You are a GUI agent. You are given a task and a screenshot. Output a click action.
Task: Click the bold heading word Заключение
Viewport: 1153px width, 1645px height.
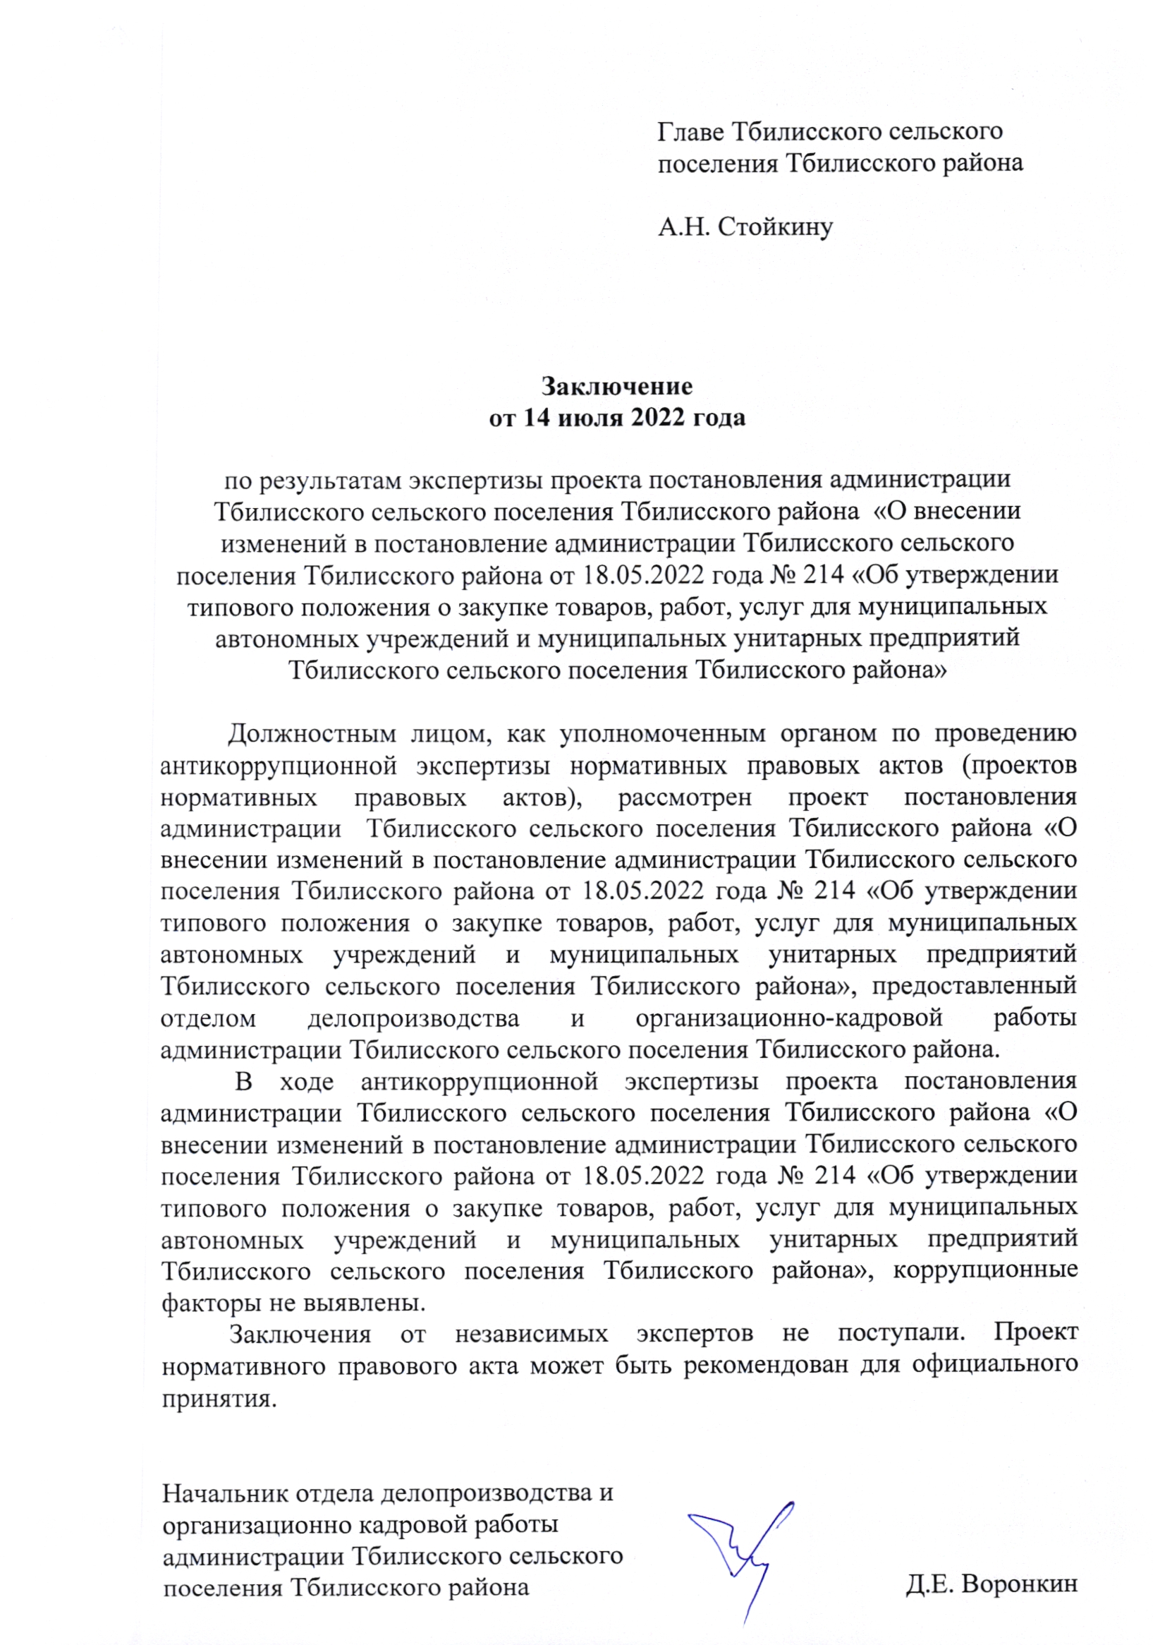pos(616,386)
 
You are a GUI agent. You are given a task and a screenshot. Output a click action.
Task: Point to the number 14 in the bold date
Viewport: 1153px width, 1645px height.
pos(537,418)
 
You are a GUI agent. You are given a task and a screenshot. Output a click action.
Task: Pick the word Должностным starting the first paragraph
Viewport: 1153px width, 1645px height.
pos(312,734)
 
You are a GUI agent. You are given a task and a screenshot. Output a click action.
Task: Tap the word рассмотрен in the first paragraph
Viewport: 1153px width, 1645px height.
pos(685,797)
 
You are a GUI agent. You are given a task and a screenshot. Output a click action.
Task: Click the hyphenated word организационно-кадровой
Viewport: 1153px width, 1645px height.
pos(788,1018)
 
